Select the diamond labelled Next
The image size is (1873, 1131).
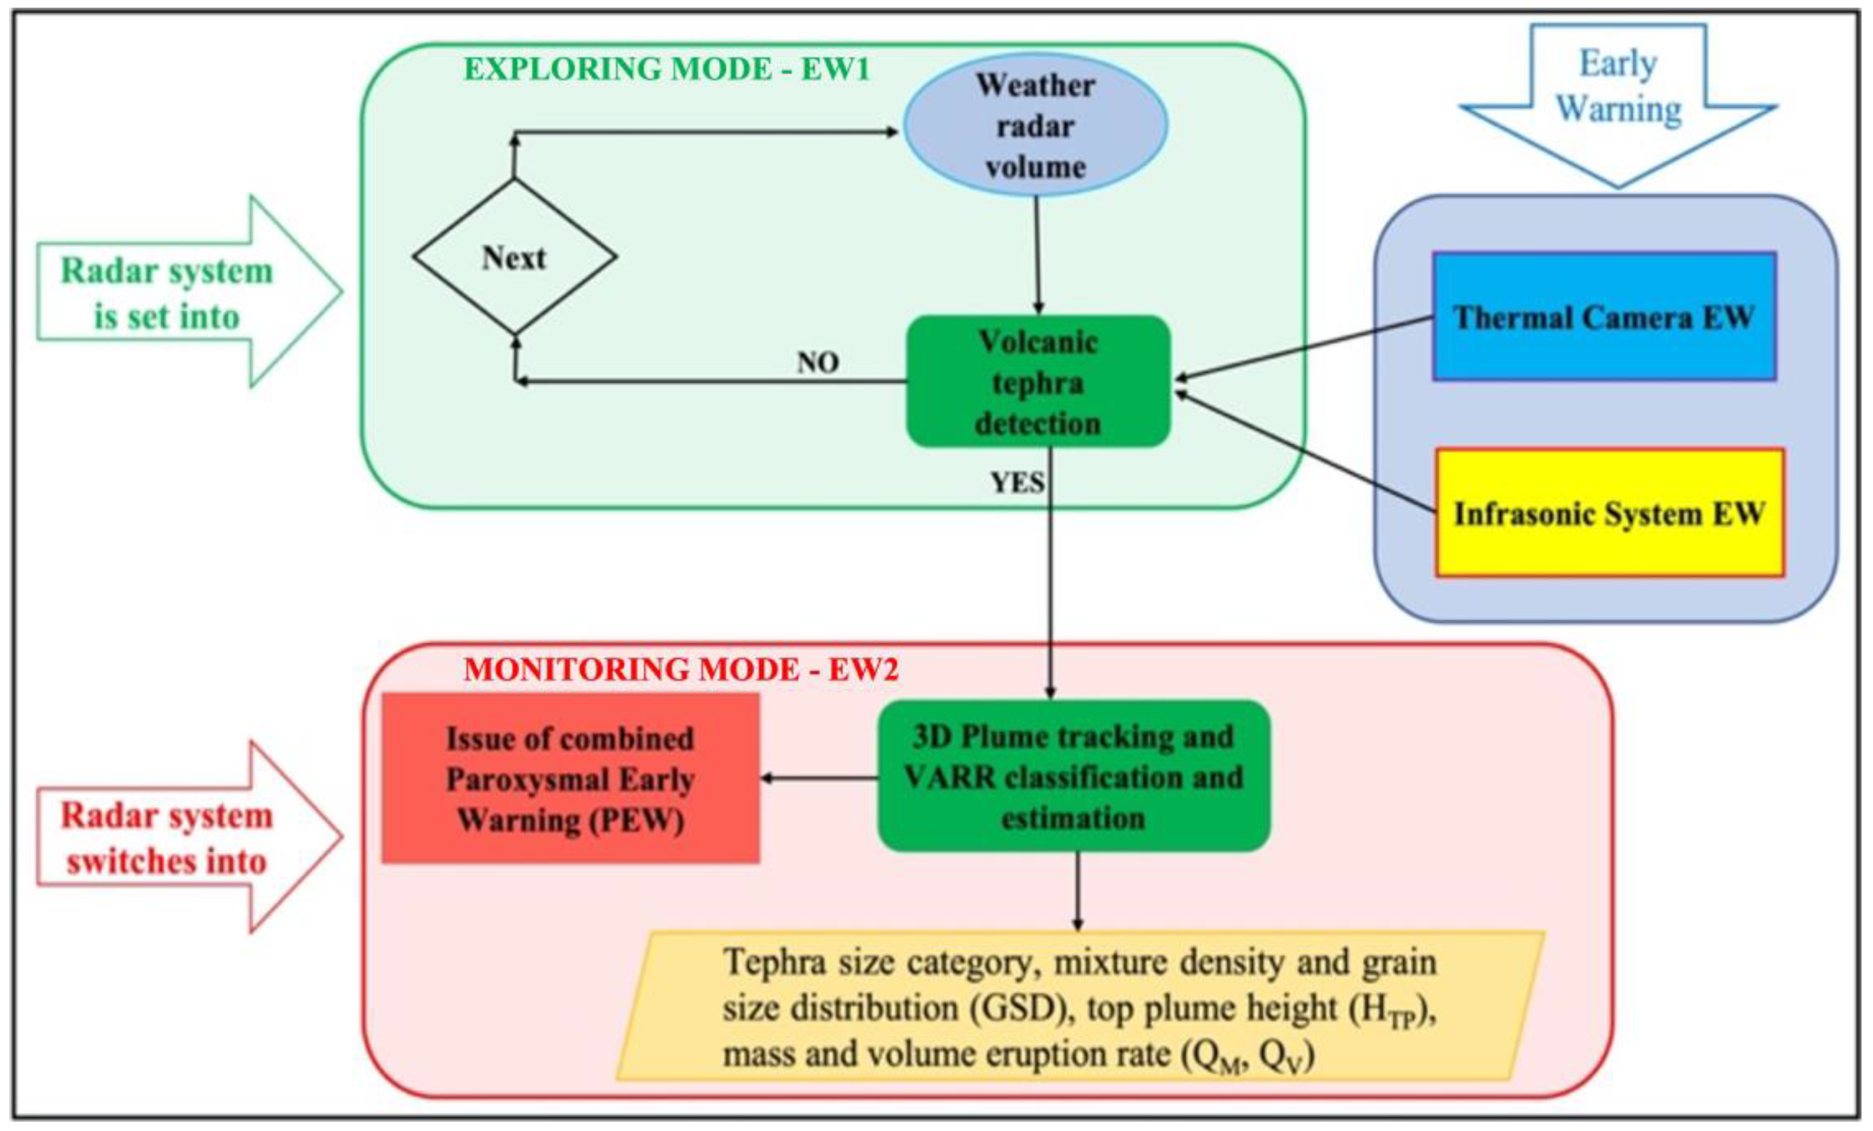515,257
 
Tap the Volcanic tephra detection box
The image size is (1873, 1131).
1038,382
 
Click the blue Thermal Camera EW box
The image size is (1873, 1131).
1604,316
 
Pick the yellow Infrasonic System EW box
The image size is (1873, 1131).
1609,513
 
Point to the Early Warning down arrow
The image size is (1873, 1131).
1618,99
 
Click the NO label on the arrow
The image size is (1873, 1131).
818,362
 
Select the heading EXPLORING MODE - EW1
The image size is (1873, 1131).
667,69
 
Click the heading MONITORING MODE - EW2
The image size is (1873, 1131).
681,670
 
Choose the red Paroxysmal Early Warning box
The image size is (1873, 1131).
570,778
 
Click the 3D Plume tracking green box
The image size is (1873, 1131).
1073,776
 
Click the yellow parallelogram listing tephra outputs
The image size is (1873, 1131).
1079,1006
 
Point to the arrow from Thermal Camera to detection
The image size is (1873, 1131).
1304,348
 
